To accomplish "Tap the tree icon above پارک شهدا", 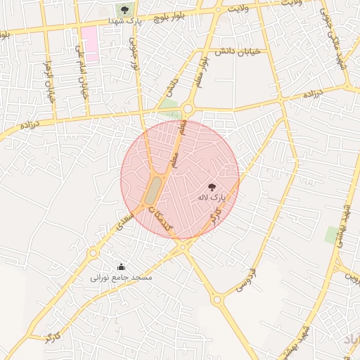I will [x=124, y=10].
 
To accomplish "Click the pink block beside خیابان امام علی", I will [x=89, y=44].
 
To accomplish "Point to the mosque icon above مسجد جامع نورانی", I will [x=121, y=266].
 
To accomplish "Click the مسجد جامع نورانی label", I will [x=121, y=278].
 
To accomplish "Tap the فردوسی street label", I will [x=244, y=281].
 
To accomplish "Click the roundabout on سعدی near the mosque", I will [x=93, y=252].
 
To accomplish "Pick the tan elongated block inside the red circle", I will [x=153, y=190].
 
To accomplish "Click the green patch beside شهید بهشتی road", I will [x=331, y=235].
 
